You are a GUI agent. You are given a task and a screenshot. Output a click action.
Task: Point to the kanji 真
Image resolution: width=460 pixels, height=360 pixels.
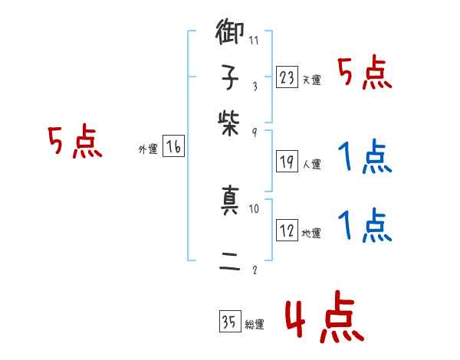(x=232, y=202)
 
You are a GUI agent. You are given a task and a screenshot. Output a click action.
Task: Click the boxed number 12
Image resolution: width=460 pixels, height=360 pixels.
(x=286, y=229)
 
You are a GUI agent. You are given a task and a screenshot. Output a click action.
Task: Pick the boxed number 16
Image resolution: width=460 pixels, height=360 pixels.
(x=173, y=146)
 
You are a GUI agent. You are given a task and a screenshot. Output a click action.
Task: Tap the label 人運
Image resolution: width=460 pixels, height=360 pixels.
(x=311, y=163)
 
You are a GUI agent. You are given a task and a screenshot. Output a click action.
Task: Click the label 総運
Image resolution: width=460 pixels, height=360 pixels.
(x=255, y=325)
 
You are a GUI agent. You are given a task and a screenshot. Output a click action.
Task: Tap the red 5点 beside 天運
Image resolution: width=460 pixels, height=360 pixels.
(x=365, y=74)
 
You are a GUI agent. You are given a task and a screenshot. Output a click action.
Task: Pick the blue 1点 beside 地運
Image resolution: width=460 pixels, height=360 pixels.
(x=365, y=225)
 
